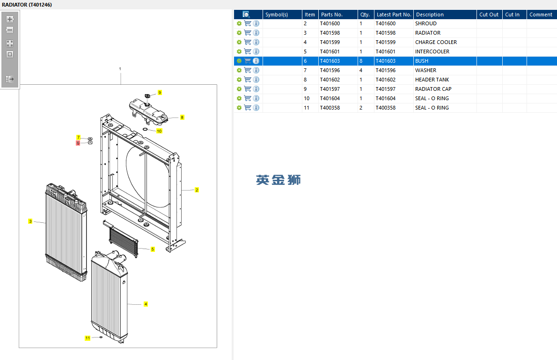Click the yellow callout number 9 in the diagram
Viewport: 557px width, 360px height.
160,92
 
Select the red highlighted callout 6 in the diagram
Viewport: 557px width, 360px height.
78,143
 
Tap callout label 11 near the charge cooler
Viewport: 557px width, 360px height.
88,338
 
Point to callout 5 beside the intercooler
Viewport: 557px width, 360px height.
153,249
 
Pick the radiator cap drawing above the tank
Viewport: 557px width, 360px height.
147,96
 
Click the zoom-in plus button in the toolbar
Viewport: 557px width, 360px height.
10,19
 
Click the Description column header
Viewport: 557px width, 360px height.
430,15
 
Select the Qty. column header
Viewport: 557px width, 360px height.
365,15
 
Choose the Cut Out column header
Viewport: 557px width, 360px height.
489,15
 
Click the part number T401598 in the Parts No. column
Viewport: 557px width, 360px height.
330,33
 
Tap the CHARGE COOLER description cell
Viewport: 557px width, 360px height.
436,42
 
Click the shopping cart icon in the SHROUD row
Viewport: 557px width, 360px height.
248,23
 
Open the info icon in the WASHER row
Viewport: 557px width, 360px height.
256,70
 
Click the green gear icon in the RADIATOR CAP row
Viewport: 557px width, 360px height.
239,89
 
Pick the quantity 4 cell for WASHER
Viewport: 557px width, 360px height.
361,70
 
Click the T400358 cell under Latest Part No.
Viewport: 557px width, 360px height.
385,108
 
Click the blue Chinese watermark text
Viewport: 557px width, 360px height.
278,180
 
